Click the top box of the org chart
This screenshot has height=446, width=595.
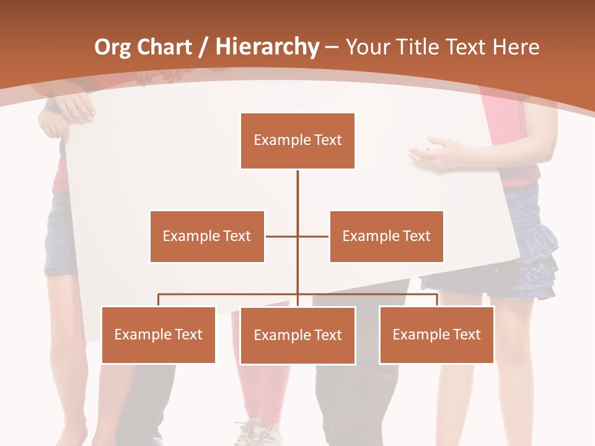(x=297, y=141)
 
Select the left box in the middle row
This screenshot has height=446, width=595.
(x=207, y=236)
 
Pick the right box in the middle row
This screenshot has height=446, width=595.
(x=386, y=236)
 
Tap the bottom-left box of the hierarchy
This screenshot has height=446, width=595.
(x=158, y=334)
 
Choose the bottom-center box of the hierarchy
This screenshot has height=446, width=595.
(x=297, y=335)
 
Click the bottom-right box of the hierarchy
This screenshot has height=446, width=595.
(x=436, y=334)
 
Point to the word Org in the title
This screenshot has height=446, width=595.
(x=112, y=47)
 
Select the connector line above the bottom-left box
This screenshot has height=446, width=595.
(x=159, y=300)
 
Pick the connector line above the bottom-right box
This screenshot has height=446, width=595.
(x=437, y=300)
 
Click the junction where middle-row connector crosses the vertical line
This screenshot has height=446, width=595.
(x=297, y=236)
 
